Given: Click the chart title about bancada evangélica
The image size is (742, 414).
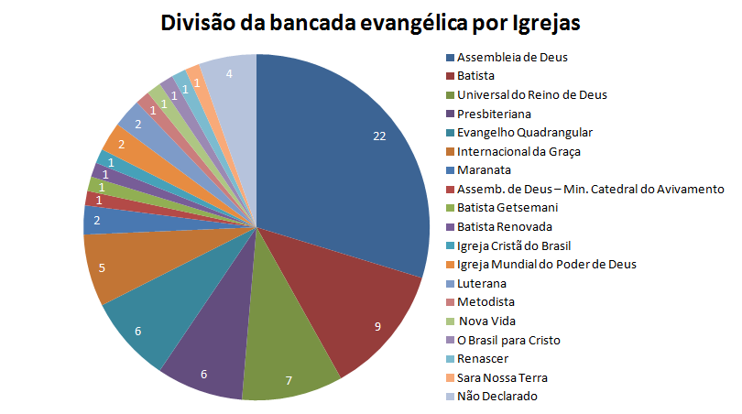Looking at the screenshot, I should [x=370, y=22].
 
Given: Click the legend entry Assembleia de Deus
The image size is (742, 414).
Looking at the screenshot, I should [x=511, y=57].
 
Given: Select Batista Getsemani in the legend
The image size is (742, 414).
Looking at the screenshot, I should [x=501, y=208].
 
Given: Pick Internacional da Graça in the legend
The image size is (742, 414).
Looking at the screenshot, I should [x=518, y=151].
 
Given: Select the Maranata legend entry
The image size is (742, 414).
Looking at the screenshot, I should [x=484, y=170].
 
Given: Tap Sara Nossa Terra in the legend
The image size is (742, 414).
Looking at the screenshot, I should [x=502, y=377].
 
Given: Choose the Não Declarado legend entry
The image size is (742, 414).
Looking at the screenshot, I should [x=496, y=397].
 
